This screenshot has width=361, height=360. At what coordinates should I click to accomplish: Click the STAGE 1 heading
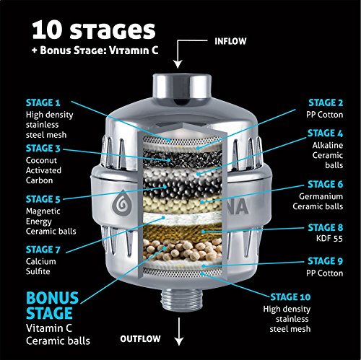tap(43, 102)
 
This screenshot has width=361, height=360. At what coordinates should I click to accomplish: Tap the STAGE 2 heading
tap(326, 102)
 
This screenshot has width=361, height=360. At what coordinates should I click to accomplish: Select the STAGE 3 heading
tap(43, 149)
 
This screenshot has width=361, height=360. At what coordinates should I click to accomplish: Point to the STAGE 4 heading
tap(325, 133)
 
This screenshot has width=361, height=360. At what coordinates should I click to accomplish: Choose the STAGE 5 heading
tap(43, 199)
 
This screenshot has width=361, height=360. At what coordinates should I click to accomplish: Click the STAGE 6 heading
tap(326, 185)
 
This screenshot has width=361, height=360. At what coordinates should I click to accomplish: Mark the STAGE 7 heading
tap(43, 250)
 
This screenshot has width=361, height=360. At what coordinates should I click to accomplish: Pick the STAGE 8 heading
tap(326, 227)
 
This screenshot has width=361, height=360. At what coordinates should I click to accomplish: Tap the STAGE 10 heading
tap(290, 297)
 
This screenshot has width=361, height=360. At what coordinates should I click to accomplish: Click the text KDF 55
tap(329, 239)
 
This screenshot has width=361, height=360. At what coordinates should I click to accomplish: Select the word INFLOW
tap(230, 41)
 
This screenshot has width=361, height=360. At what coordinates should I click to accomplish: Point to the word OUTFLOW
tap(140, 339)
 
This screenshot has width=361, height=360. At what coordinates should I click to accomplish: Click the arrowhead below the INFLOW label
tap(178, 65)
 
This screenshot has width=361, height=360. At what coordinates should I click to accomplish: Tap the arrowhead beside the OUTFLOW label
tap(179, 342)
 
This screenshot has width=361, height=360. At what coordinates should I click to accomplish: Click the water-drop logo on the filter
tap(122, 203)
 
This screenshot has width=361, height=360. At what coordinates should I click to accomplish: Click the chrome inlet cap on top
tap(182, 89)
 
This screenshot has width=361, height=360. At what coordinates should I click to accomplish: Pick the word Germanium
tap(321, 196)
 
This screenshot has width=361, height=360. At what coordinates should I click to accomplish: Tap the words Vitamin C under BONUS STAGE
tap(49, 328)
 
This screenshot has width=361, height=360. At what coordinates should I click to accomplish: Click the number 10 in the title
tap(48, 30)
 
